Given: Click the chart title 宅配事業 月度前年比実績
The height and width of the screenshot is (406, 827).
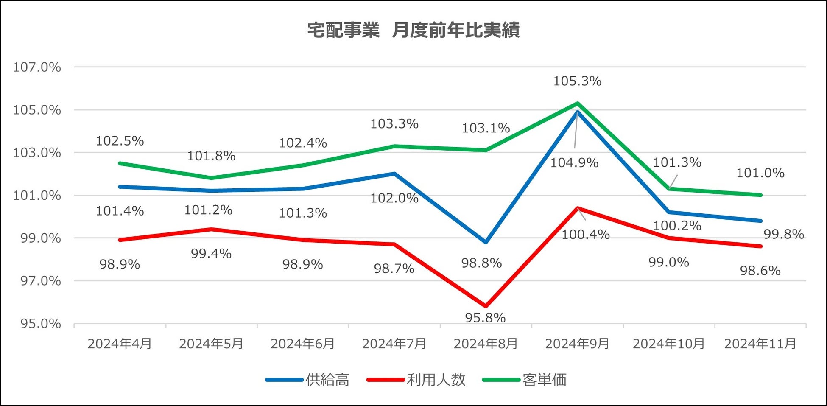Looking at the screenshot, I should point(413,31).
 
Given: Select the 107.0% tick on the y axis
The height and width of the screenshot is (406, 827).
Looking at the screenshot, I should point(37,67).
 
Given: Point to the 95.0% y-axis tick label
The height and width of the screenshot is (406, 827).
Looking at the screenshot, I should point(41,324).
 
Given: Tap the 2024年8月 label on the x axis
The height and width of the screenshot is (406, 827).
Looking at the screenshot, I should point(486,344).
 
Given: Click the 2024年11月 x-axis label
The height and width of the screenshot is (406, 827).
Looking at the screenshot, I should point(760,344).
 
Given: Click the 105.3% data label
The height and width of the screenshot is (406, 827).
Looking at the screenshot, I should point(577,81).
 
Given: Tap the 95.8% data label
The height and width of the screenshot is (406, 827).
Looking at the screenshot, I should point(485,318).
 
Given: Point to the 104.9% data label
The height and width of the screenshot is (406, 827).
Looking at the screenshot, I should point(574,163).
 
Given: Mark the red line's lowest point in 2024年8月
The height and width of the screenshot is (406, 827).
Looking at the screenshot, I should point(486,306).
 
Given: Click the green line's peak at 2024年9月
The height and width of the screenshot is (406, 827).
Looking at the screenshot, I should point(577,103).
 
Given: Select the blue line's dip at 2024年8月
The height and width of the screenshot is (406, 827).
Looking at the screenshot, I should point(486,242).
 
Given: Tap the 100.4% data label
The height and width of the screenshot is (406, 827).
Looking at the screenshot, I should point(586,235).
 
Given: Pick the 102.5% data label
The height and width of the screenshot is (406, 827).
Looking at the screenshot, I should point(120,141).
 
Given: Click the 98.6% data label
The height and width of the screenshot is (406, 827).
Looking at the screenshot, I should point(760,271).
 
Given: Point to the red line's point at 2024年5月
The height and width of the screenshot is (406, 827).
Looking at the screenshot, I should point(211,229).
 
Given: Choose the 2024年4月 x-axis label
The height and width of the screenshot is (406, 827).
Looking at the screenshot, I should point(120,344).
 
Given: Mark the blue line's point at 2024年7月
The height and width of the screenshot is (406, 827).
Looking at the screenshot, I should point(394,174).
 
